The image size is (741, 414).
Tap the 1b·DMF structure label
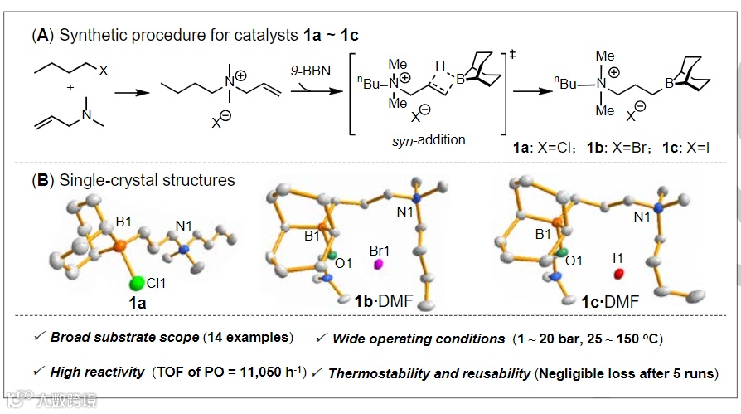tap(371, 303)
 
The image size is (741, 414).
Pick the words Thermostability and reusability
tap(429, 373)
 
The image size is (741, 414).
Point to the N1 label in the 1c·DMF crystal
tap(643, 217)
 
